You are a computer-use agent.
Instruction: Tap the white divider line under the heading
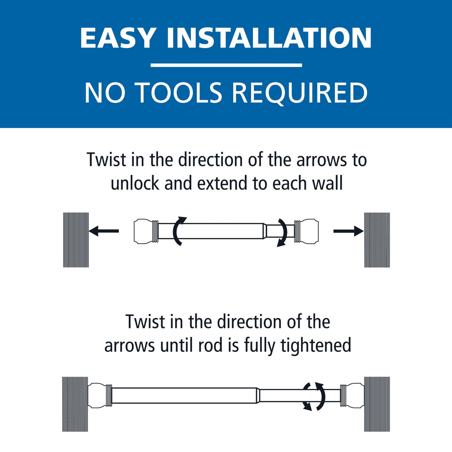(226, 65)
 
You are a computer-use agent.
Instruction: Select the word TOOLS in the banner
(181, 93)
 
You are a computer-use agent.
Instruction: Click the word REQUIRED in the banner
(301, 93)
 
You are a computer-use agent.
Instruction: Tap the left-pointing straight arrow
(104, 231)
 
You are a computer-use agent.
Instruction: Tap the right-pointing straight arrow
(348, 231)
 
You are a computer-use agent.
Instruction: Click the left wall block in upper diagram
(76, 240)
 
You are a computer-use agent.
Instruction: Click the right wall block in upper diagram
(377, 240)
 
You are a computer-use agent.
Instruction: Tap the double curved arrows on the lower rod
(314, 396)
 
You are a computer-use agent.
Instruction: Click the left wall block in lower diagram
(75, 404)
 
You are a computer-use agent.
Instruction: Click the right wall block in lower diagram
(377, 404)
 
